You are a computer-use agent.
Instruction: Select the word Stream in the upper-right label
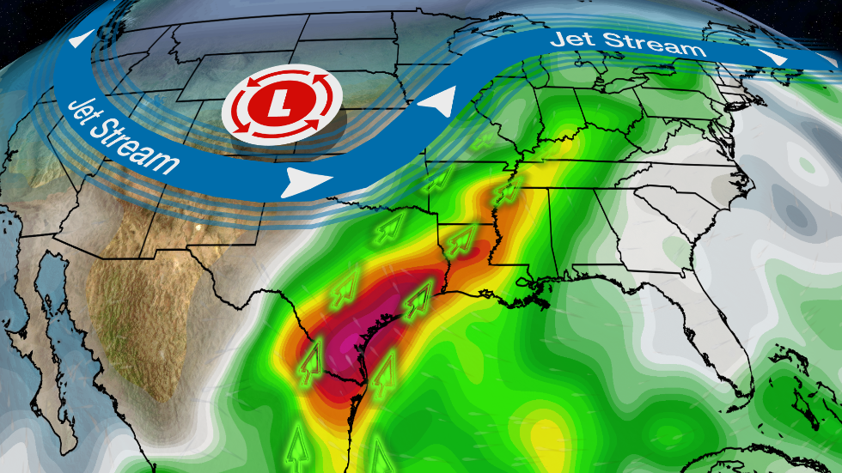click(x=656, y=45)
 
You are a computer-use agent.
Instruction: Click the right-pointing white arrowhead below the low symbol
click(x=307, y=180)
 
